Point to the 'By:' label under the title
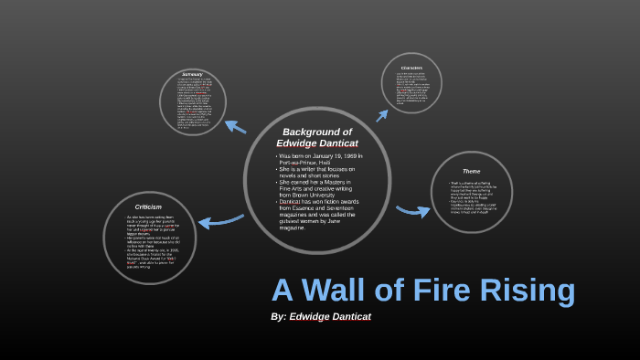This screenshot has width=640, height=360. click(279, 316)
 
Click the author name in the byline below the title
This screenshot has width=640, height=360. click(330, 316)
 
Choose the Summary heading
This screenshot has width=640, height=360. click(192, 74)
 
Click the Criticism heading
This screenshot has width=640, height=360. click(149, 207)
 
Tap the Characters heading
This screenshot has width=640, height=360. click(411, 68)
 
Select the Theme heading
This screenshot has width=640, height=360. click(471, 171)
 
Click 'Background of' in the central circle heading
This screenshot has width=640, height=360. click(317, 132)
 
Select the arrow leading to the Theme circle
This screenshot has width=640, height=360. click(412, 211)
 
